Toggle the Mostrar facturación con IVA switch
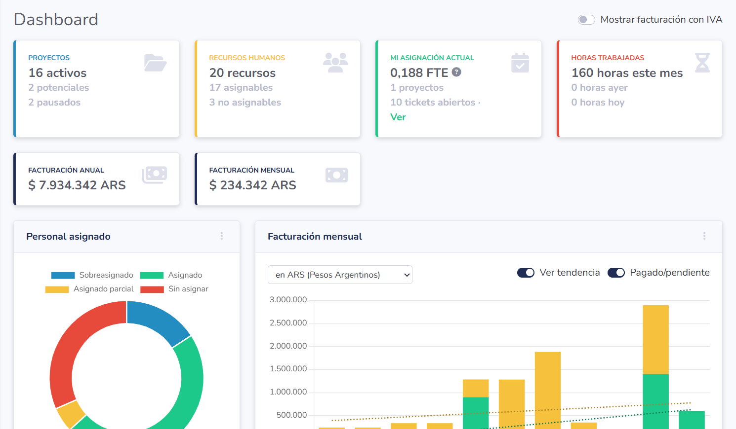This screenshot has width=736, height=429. coord(586,20)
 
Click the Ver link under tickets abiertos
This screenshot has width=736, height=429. coord(398,117)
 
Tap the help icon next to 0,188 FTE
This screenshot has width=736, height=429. coord(456,72)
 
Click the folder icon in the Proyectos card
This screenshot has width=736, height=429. coord(155,63)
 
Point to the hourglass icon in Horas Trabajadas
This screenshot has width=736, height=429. coord(702,63)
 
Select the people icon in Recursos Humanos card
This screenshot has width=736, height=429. coord(335,63)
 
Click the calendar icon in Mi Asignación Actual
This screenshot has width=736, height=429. coord(520,63)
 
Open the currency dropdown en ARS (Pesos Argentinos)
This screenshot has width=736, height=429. coord(340,275)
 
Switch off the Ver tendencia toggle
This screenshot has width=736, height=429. coord(526,273)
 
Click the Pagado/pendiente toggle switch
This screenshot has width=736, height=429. coord(616,273)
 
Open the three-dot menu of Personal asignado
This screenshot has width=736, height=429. coord(222,236)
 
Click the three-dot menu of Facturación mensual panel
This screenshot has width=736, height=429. coord(704,236)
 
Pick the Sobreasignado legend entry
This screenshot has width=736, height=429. coord(92,275)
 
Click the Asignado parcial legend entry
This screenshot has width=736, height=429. coord(89,289)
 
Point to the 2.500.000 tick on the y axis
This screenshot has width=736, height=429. coord(288,323)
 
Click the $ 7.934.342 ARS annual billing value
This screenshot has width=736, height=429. coord(77,185)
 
